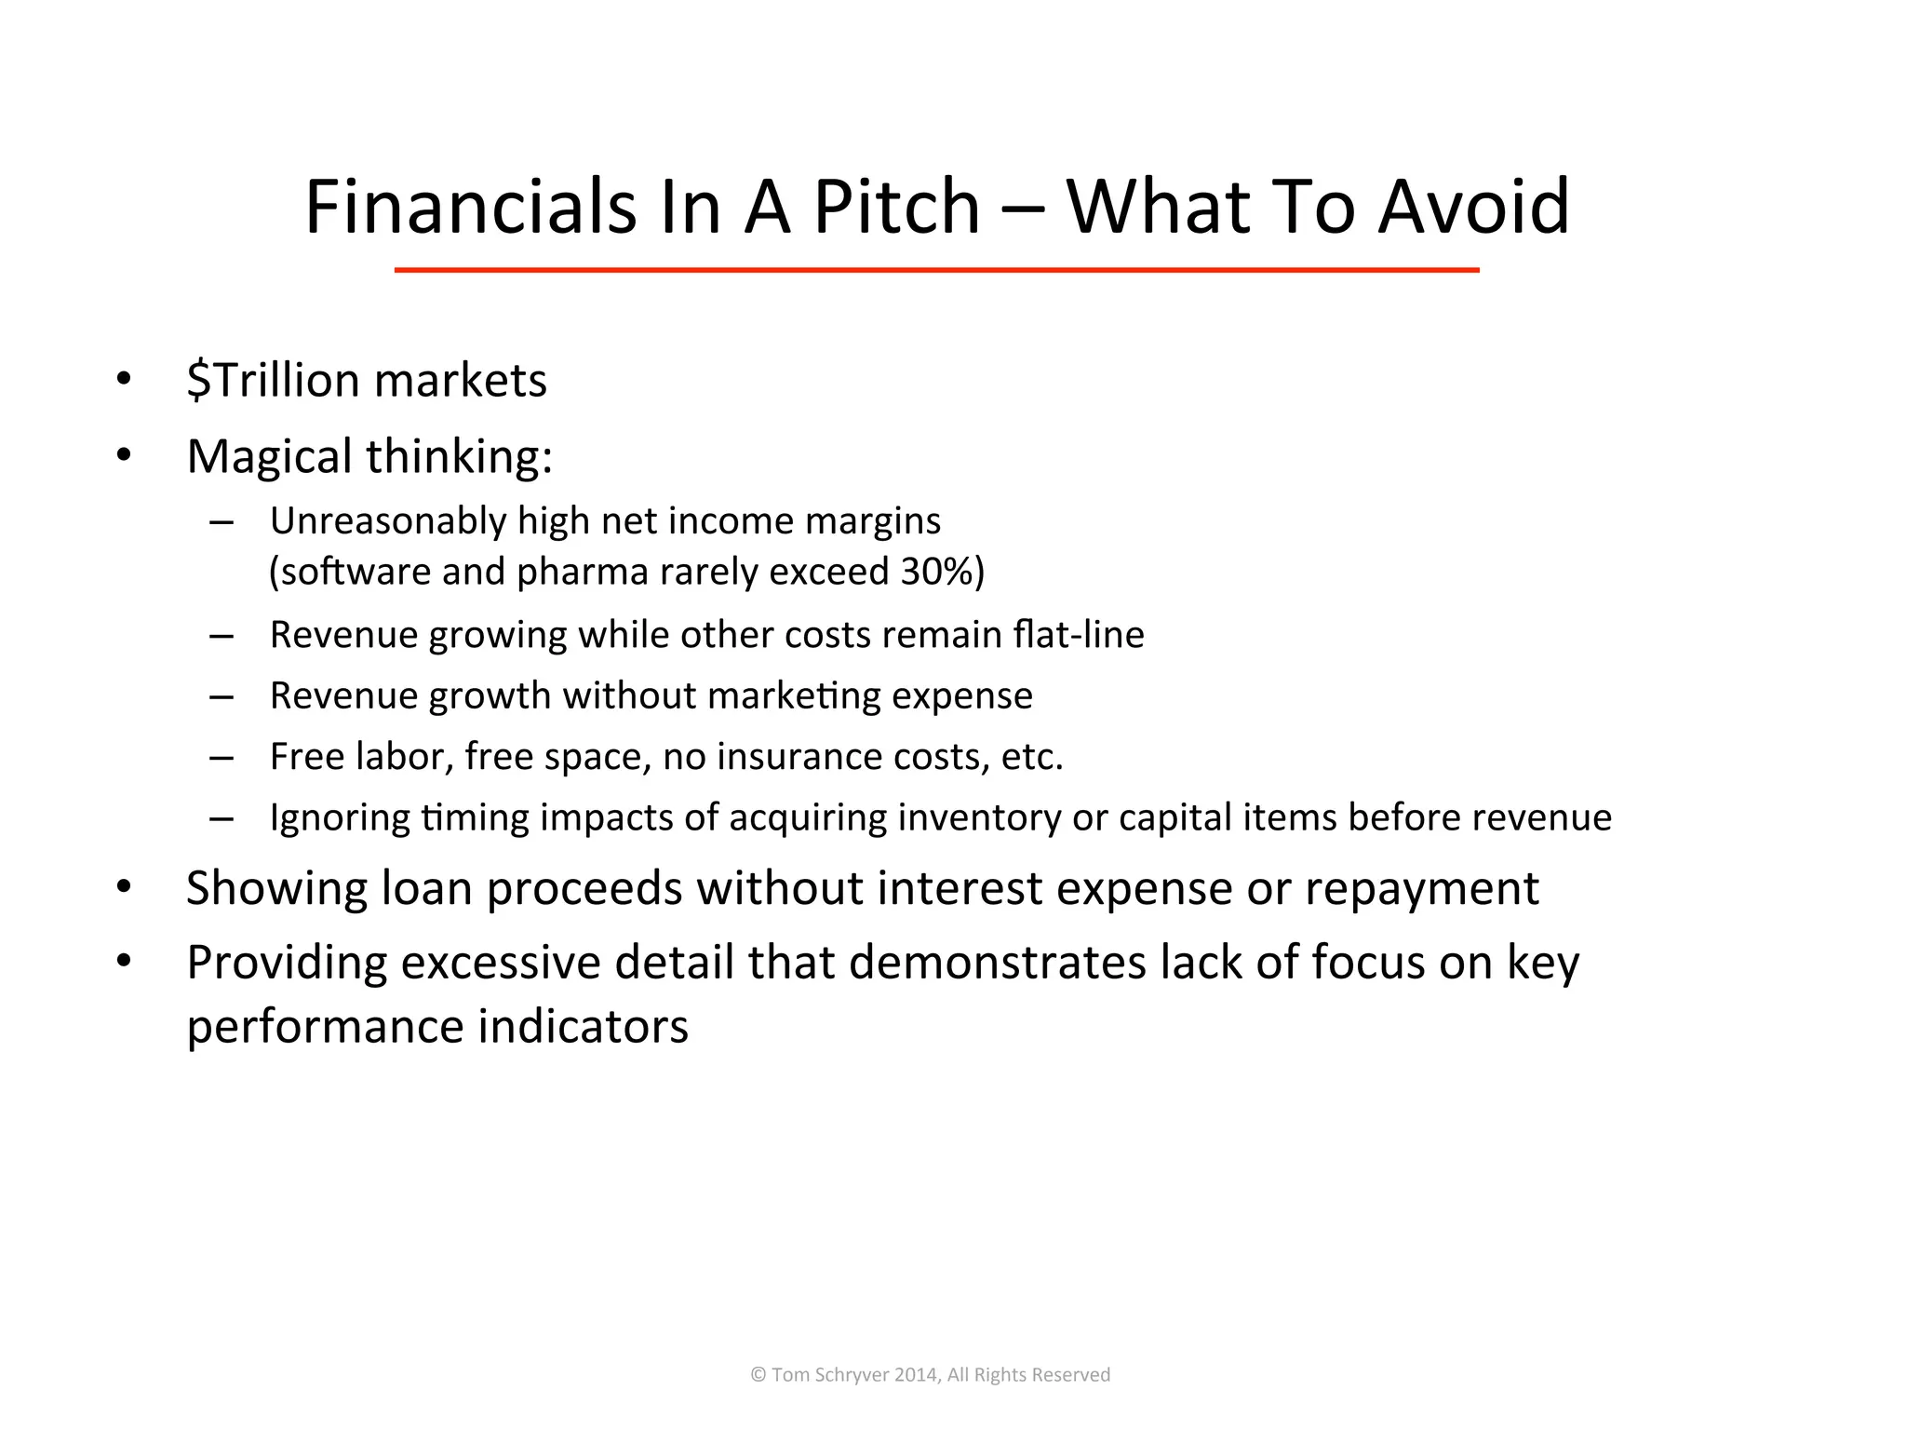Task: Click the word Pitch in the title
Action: tap(896, 207)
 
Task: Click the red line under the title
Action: tap(936, 270)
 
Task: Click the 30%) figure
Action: tap(942, 572)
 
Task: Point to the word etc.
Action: tap(1031, 757)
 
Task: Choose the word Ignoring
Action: tap(340, 817)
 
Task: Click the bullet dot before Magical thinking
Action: tap(124, 456)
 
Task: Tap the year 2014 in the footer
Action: tap(916, 1375)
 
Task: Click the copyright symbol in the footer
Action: tap(758, 1375)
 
